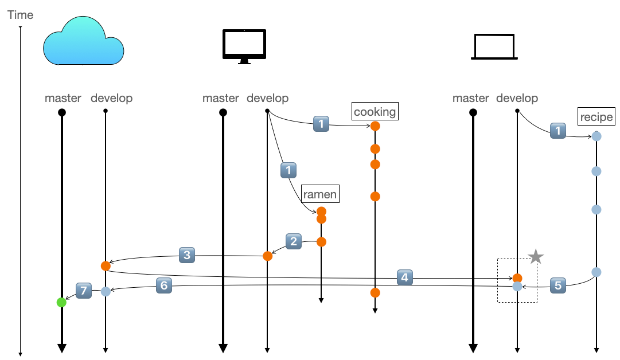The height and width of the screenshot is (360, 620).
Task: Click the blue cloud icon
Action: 84,41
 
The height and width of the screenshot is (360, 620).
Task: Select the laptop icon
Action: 494,47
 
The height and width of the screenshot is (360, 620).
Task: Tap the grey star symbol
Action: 536,257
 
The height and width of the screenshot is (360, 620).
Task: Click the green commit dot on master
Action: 61,302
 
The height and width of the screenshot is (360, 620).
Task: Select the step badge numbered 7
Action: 84,291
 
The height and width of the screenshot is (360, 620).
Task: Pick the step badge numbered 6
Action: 163,284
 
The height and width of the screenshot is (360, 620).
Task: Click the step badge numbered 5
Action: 558,285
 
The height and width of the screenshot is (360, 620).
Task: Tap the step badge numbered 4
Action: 405,277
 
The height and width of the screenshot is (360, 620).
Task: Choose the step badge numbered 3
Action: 187,255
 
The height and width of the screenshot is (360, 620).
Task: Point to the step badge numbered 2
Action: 294,241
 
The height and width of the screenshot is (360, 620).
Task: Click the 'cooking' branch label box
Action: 375,111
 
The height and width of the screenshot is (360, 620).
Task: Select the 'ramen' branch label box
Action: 320,194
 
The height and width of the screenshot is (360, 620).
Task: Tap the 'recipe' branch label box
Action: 596,117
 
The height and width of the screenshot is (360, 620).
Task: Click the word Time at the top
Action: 20,15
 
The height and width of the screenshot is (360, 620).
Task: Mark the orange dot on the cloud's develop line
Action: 106,266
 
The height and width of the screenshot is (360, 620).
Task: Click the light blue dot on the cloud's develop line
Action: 106,291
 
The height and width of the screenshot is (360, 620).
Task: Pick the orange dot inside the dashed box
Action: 517,278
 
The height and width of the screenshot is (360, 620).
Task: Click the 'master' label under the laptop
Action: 470,98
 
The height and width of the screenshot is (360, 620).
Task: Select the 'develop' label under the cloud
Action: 111,98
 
